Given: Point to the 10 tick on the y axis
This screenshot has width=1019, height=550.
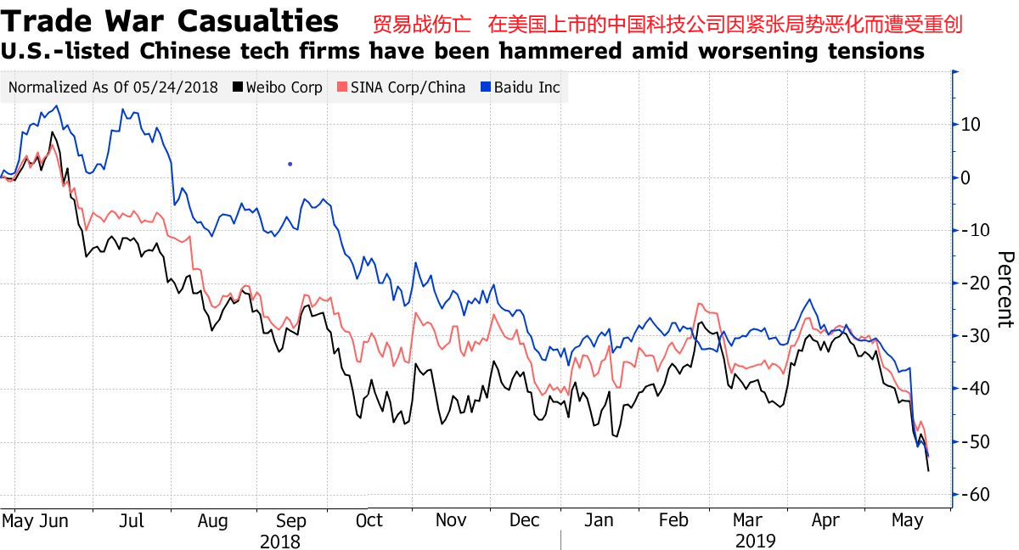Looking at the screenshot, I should [971, 125].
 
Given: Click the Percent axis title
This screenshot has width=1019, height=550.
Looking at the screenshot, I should [1005, 289].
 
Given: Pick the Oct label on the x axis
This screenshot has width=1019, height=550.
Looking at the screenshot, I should [369, 520].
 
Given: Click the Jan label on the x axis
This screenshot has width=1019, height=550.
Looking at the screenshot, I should [600, 520].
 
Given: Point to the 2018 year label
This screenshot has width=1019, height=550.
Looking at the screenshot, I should [280, 541].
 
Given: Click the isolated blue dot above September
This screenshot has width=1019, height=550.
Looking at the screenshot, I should [290, 164].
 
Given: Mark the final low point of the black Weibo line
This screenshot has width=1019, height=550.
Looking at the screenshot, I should [928, 471].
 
